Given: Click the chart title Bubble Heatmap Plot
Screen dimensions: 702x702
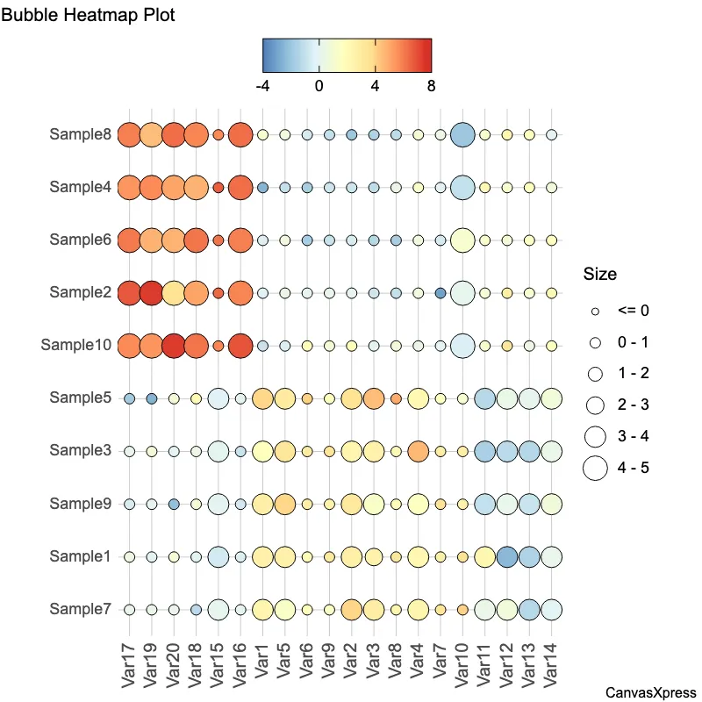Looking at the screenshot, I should (88, 16).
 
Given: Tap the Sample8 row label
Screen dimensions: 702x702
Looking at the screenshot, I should (80, 135).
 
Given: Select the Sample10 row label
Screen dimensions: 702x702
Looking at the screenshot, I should (75, 346).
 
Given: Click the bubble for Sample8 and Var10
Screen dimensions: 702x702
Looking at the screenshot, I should (462, 135).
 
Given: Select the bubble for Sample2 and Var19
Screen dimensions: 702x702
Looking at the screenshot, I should (151, 293).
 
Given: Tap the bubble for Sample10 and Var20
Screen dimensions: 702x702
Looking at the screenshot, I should (174, 346).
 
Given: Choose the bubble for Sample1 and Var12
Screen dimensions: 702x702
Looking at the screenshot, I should (507, 556).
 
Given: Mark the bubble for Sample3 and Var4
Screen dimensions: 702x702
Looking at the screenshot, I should (419, 451).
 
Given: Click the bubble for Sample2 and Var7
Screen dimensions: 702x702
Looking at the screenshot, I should (441, 293).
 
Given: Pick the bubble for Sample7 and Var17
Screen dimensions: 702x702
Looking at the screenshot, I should (129, 609).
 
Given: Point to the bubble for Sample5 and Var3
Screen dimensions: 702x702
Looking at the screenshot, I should (374, 398).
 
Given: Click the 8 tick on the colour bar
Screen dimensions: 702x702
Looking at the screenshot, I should (430, 86).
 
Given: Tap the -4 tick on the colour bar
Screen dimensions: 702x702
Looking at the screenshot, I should (262, 86).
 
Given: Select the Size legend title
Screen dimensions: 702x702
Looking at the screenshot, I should (600, 275).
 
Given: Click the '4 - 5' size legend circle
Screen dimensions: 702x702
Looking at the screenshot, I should (595, 469).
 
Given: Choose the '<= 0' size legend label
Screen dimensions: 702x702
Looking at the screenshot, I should (633, 311).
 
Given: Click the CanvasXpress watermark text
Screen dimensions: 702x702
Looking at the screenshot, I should (650, 693).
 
